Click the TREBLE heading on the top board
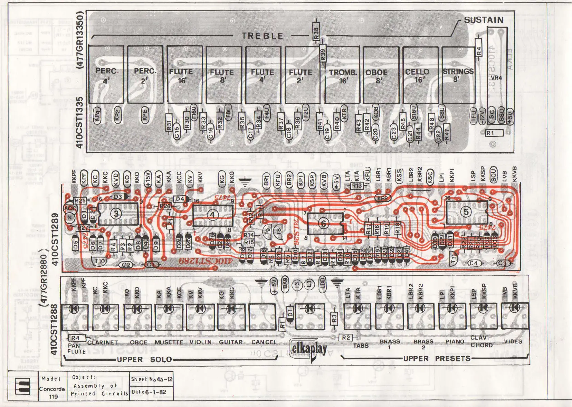click(x=262, y=36)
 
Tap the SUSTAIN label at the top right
click(x=484, y=20)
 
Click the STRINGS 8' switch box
click(x=458, y=75)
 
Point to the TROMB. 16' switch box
click(x=342, y=75)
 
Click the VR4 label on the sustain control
click(x=496, y=78)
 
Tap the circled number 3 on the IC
click(x=116, y=214)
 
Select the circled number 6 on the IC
click(x=324, y=224)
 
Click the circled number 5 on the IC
click(x=466, y=211)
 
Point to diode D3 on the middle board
click(x=118, y=197)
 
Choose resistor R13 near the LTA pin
click(x=357, y=186)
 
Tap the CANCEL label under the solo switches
click(x=264, y=342)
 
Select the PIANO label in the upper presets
click(x=455, y=341)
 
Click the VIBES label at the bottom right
click(x=513, y=341)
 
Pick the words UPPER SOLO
click(x=144, y=359)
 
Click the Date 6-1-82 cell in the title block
click(x=151, y=392)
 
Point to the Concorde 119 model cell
click(x=52, y=389)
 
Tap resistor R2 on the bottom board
click(x=346, y=338)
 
